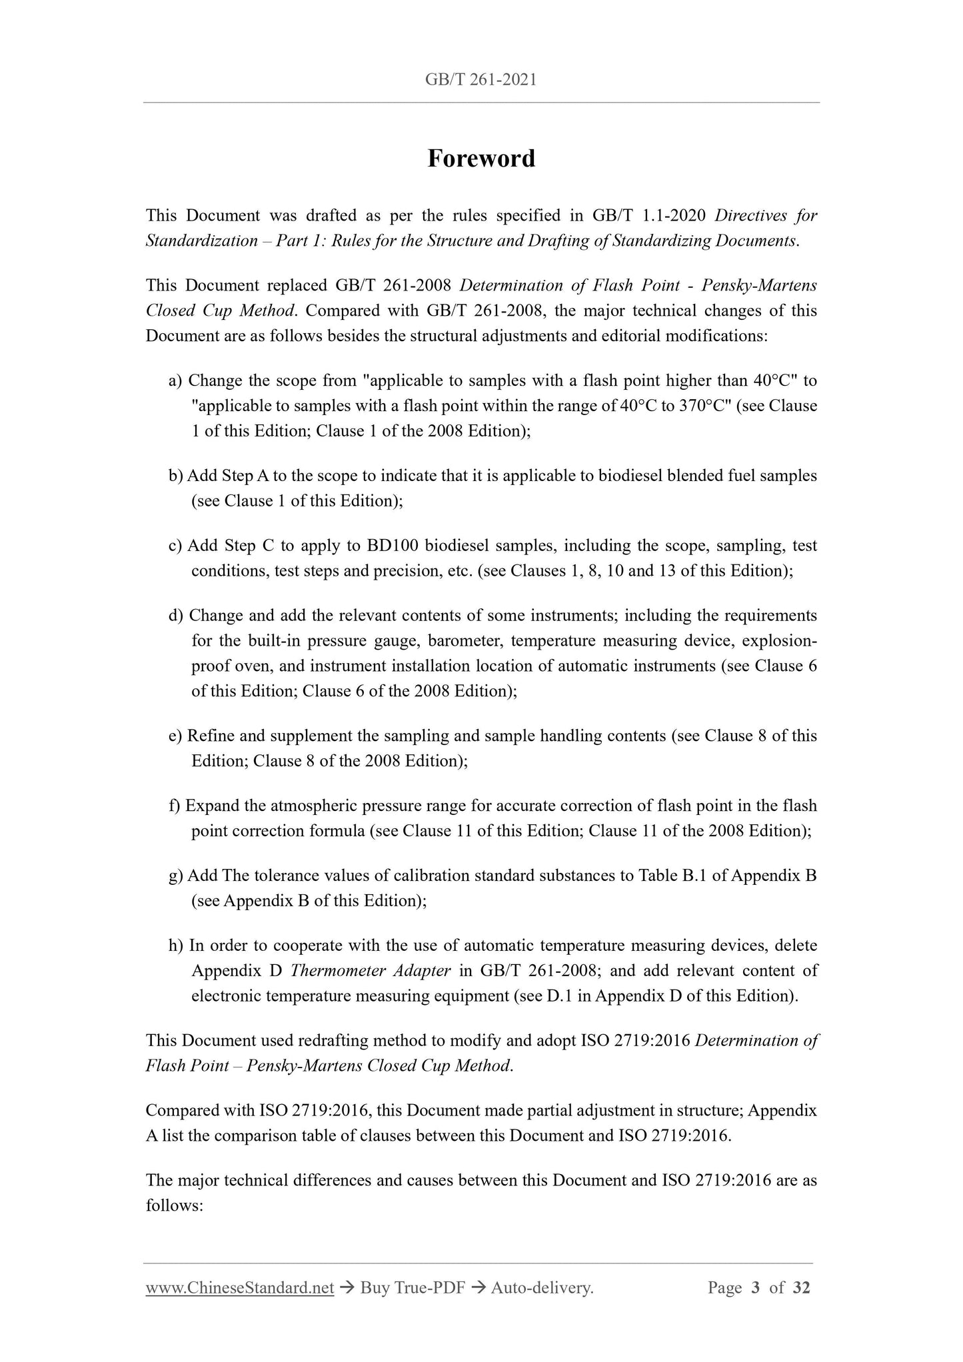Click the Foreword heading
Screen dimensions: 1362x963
[x=481, y=159]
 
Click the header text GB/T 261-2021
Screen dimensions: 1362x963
[x=481, y=81]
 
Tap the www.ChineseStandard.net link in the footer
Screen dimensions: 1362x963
[x=239, y=1288]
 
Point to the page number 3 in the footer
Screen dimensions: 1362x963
[x=755, y=1288]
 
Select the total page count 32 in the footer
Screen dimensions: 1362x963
[x=801, y=1288]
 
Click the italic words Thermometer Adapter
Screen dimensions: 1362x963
[x=371, y=971]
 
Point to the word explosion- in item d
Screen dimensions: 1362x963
[x=779, y=641]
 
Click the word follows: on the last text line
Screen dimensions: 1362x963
[x=174, y=1206]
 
